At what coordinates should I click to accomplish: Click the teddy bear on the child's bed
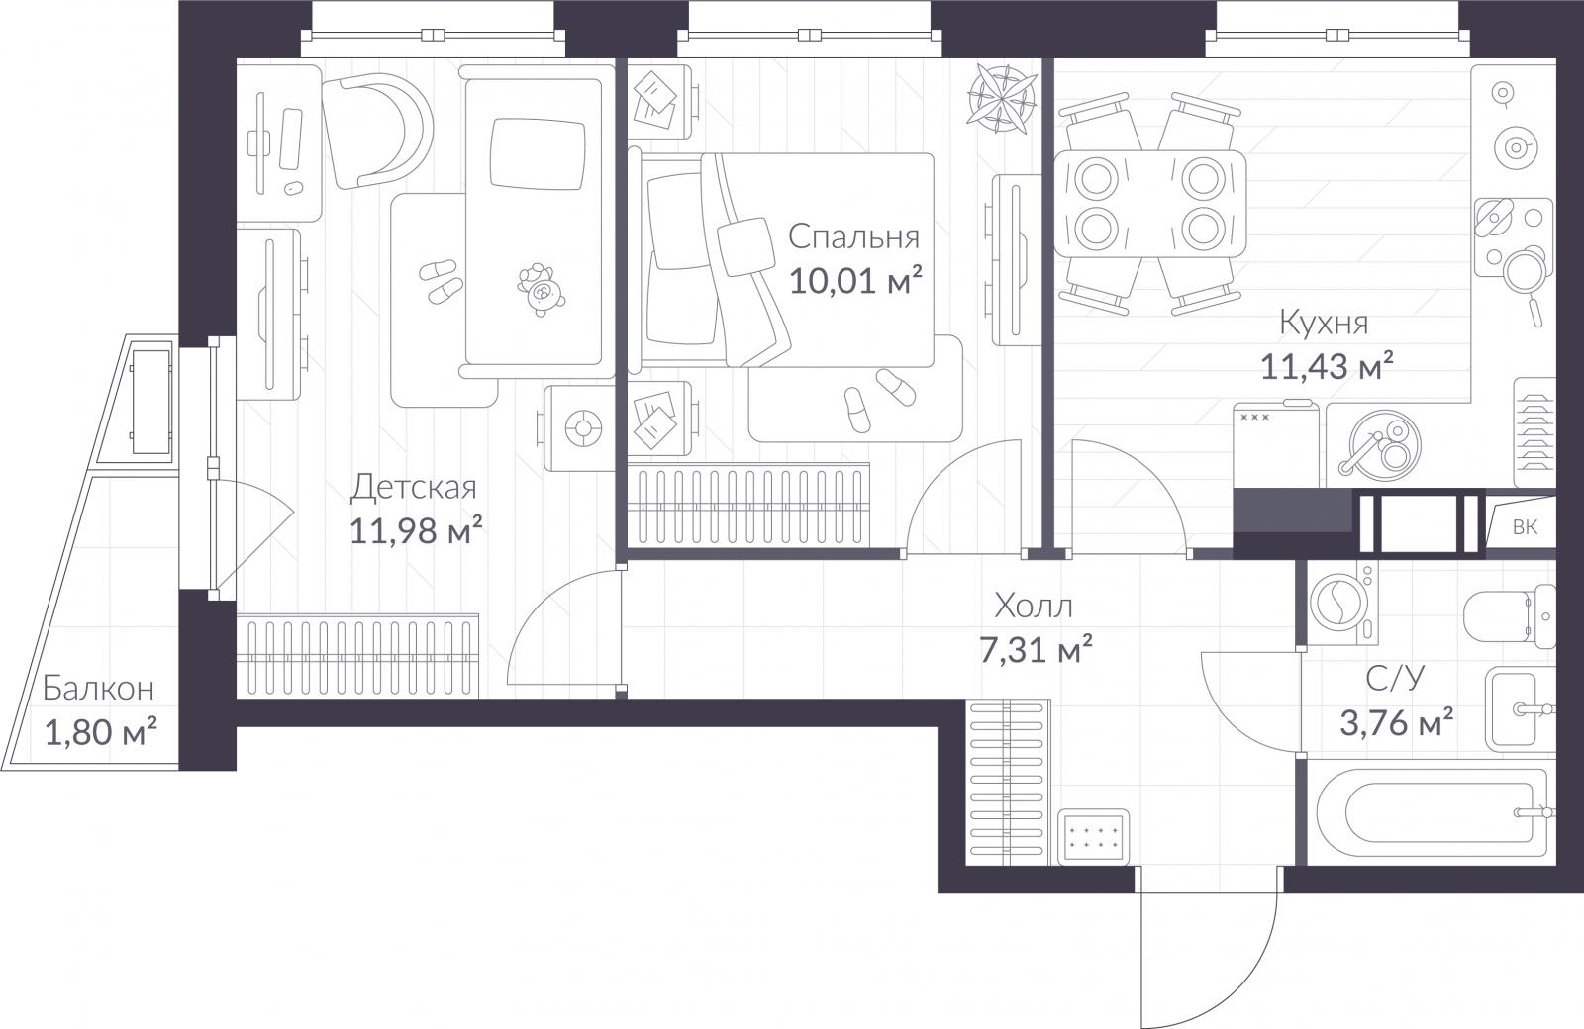[x=541, y=289]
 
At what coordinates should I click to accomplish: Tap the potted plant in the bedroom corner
[x=1002, y=99]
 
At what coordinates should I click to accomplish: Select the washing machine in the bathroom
[x=1342, y=603]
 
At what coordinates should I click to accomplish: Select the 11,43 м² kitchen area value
[x=1327, y=367]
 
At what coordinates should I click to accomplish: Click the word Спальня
[x=853, y=237]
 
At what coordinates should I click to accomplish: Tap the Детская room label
[x=414, y=488]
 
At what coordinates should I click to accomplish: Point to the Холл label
[x=1034, y=606]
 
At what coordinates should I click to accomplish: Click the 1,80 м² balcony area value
[x=100, y=732]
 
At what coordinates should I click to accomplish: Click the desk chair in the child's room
[x=377, y=133]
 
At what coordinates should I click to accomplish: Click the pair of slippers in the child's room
[x=442, y=282]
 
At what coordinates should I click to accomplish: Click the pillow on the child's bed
[x=539, y=154]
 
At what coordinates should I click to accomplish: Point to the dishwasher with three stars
[x=1276, y=444]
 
